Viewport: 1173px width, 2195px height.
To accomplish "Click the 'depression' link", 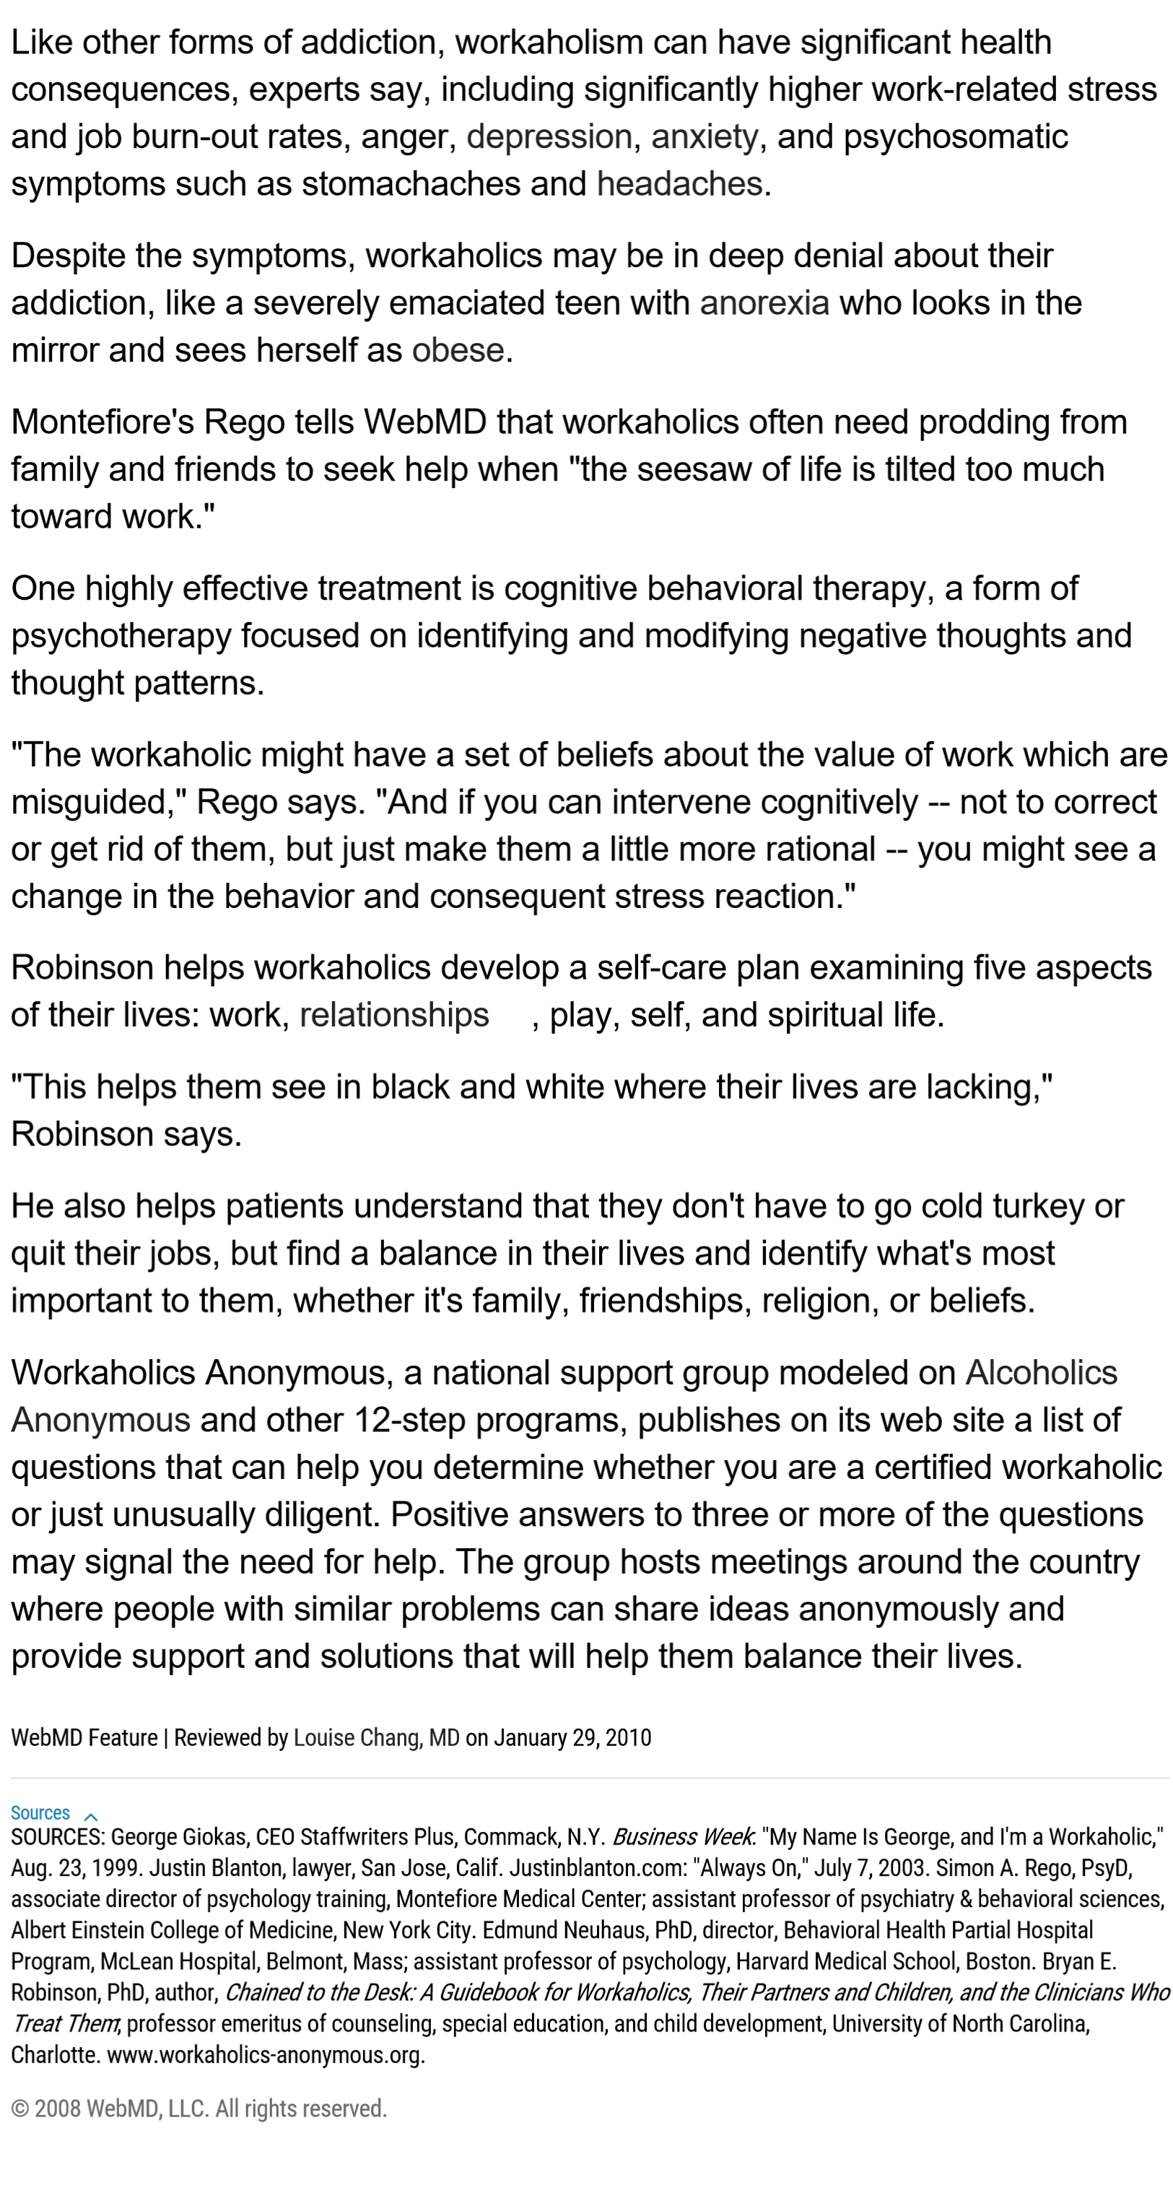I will [549, 137].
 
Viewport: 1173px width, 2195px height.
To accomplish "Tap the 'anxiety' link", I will [704, 137].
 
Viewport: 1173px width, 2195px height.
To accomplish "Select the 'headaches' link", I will [679, 184].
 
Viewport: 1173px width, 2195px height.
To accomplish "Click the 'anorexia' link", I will [764, 303].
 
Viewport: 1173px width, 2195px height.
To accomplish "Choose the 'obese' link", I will [458, 351].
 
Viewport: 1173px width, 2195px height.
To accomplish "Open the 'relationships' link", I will [393, 1015].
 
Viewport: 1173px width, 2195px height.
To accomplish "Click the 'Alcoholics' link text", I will [1040, 1373].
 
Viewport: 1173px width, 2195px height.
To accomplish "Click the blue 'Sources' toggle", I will [40, 1812].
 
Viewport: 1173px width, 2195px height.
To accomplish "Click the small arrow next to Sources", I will [91, 1814].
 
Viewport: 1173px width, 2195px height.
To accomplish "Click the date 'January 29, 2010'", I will [572, 1737].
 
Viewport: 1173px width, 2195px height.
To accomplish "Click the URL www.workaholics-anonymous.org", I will [265, 2055].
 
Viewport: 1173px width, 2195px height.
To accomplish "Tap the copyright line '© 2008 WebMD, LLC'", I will [199, 2109].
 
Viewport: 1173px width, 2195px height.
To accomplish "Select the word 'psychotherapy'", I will [121, 637].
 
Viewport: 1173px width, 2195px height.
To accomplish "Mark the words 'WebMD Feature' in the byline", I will [84, 1737].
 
